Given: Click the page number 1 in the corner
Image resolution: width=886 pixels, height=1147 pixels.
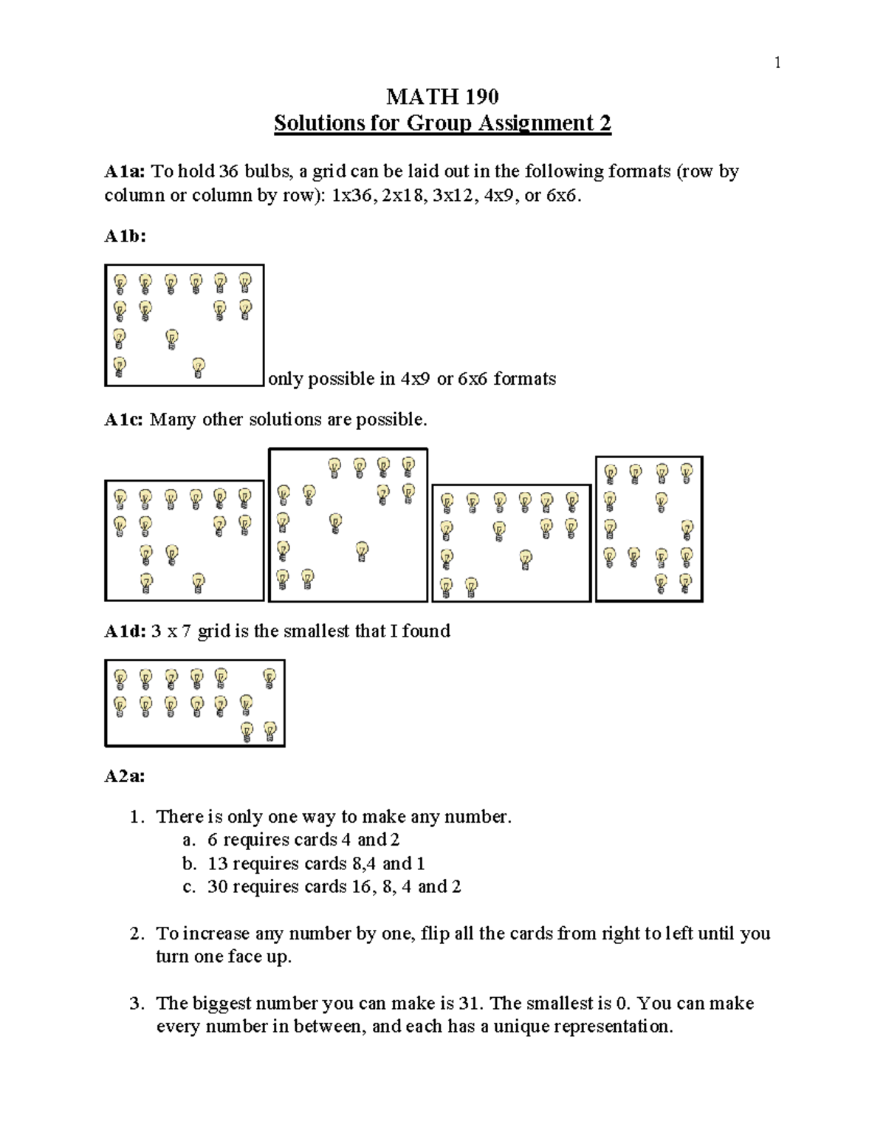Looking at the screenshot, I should click(777, 63).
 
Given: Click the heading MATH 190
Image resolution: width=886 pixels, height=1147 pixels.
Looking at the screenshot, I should click(442, 97).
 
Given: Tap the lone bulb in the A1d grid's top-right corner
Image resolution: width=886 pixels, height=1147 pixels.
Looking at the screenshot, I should click(269, 677).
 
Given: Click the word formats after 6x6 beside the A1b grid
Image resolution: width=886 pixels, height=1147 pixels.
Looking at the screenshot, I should click(524, 380).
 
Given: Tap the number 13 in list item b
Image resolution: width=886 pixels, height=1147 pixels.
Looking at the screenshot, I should click(217, 863).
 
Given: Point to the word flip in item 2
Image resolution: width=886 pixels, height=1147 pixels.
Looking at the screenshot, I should click(432, 934).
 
